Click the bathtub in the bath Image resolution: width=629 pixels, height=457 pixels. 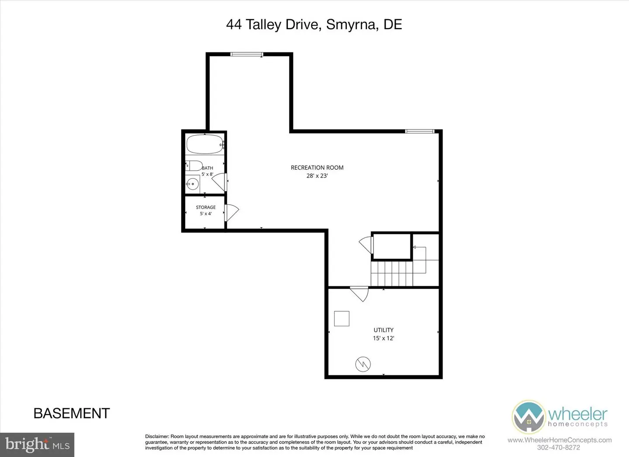(x=205, y=144)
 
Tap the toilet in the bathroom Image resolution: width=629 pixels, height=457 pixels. (x=194, y=165)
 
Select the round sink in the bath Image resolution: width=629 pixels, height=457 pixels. (x=192, y=184)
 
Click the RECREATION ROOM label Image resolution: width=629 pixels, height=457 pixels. (x=317, y=168)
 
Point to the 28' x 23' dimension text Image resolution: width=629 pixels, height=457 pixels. (x=317, y=176)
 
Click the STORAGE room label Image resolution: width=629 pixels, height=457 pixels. (x=206, y=207)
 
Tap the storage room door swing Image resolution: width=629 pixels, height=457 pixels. (x=232, y=213)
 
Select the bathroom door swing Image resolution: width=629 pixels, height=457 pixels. (x=219, y=182)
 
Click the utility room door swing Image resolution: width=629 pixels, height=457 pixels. (x=359, y=294)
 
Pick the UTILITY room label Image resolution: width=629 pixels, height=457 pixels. (x=384, y=330)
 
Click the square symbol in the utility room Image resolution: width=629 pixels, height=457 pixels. (x=342, y=318)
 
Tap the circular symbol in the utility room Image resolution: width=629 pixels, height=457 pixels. (x=363, y=364)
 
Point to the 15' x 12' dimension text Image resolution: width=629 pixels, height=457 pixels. (x=384, y=338)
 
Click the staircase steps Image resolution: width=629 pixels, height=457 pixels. (x=392, y=274)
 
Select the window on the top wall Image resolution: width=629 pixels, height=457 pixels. (x=246, y=54)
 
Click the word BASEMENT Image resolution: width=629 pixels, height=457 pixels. (x=72, y=413)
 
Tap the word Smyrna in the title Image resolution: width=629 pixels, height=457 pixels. (x=351, y=24)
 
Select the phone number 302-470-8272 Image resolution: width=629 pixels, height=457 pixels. (x=559, y=447)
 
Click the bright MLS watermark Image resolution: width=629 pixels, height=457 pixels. (x=37, y=445)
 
